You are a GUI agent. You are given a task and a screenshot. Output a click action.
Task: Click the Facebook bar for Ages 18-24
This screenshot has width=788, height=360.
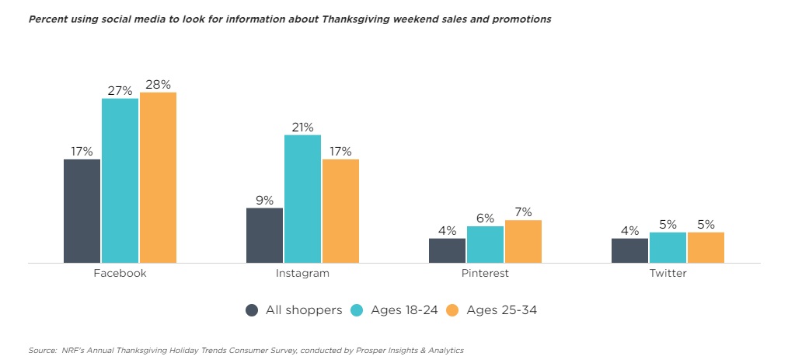(x=120, y=180)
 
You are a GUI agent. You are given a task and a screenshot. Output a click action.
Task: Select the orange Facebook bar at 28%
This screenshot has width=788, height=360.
(x=158, y=177)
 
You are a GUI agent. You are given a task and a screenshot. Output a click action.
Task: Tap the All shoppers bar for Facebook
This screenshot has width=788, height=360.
(x=82, y=211)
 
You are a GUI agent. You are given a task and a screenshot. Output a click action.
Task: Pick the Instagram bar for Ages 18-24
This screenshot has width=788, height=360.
(x=302, y=198)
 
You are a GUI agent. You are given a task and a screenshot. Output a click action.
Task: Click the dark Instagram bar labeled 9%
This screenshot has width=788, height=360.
(x=264, y=235)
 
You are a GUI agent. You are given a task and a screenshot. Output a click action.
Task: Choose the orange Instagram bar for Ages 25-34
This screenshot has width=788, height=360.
(x=340, y=211)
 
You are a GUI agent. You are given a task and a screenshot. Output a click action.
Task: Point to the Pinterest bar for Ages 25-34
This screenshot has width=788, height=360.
(x=523, y=241)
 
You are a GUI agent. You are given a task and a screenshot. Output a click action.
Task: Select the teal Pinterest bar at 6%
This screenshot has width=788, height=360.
(x=485, y=244)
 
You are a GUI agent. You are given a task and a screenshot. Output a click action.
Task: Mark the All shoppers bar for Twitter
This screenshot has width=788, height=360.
(x=629, y=250)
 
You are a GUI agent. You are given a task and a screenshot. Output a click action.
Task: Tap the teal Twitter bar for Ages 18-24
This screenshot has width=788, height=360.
(x=668, y=247)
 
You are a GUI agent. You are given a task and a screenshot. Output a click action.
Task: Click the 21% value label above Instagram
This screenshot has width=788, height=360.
(x=302, y=127)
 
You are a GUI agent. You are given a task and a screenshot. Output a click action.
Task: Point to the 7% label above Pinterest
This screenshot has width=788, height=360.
(x=523, y=212)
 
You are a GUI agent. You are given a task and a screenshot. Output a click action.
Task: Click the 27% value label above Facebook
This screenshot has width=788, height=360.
(x=120, y=90)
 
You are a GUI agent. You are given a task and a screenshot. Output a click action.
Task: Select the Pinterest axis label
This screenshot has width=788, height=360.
(x=485, y=274)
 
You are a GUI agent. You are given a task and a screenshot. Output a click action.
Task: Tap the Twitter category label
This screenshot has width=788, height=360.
(x=668, y=274)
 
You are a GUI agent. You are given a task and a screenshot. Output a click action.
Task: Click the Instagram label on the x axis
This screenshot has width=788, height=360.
(x=302, y=274)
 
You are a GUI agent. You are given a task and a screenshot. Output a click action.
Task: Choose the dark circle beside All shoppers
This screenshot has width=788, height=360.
(x=252, y=310)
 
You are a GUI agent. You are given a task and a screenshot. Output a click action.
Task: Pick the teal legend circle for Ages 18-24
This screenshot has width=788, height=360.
(x=357, y=310)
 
